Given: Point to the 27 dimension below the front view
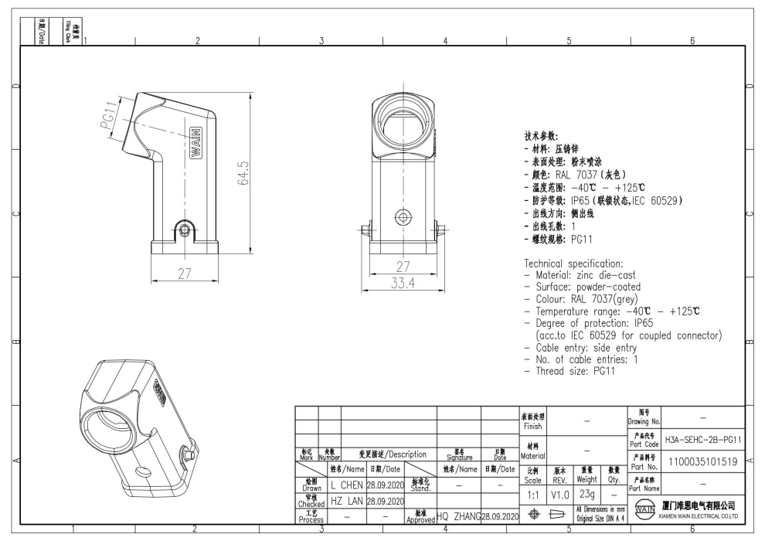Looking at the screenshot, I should pos(402,267).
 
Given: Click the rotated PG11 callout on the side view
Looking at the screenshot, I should pos(111,116).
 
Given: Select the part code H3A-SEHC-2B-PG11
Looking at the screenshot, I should pos(702,439).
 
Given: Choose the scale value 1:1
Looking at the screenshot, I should pos(533,494).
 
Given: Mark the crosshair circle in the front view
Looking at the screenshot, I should pos(402,216).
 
